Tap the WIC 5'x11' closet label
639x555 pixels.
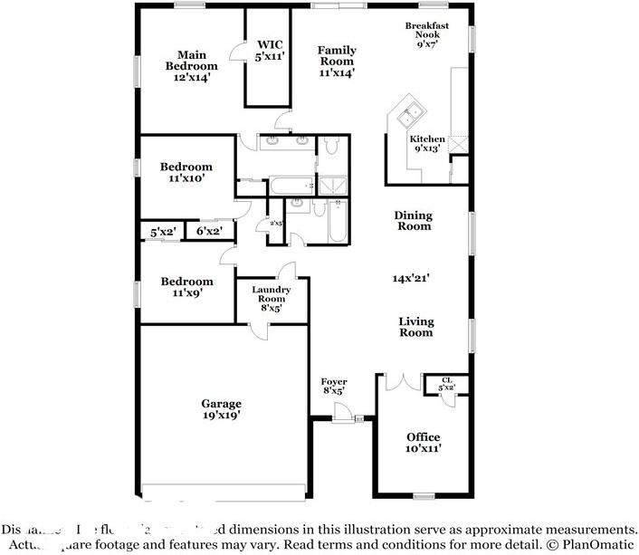coord(270,50)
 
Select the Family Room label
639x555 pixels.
coord(336,61)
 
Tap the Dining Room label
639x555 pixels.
coord(413,221)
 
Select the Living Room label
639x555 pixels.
coord(416,327)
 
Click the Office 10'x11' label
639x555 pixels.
coord(423,442)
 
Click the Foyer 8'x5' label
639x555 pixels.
coord(334,387)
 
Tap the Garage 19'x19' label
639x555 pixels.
coord(221,409)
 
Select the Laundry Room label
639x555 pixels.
coord(272,298)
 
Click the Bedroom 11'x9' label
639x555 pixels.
coord(186,287)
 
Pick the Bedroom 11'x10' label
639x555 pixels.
coord(186,172)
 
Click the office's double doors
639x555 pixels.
coord(400,382)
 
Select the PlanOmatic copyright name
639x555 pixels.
coord(593,545)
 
